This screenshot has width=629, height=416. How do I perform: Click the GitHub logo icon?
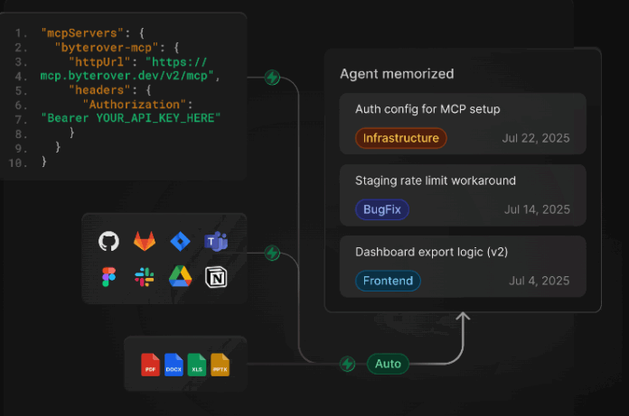coord(108,241)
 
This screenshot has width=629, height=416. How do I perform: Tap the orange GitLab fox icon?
coord(145,241)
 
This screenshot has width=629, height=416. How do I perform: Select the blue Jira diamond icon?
coord(180,242)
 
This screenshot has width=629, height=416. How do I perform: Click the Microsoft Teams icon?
coord(216,242)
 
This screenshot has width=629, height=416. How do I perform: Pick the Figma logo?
coord(108,277)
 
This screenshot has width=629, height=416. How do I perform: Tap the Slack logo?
coord(145,277)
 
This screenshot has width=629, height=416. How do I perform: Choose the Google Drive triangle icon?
coord(180,277)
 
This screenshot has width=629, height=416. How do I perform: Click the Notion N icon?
coord(216,277)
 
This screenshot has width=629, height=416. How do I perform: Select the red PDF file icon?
coord(150,365)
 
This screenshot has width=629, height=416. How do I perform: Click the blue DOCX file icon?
coord(174,365)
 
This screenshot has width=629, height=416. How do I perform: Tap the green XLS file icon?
coord(197,365)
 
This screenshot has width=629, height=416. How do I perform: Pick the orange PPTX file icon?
coord(220,365)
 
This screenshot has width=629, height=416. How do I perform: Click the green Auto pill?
coord(388,364)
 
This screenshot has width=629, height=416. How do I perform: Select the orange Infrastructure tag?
coord(400,138)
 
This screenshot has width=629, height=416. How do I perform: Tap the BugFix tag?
coord(382,209)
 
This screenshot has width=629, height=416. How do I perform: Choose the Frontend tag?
coord(388,281)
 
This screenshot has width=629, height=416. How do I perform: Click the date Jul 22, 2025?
coord(536,138)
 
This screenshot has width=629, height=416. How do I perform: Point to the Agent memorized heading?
coord(397,74)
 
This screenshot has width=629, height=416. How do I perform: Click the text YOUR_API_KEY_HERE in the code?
coord(155,118)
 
